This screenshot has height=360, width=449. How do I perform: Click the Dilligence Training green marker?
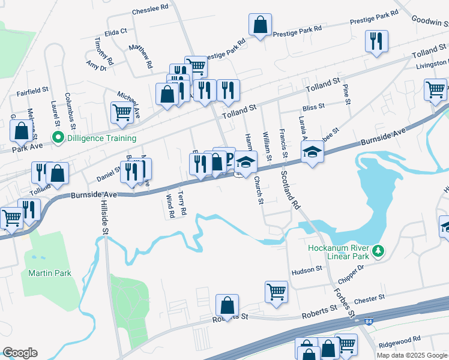[x=58, y=138]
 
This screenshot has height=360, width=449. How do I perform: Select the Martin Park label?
[x=50, y=273]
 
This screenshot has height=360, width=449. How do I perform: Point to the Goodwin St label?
[x=430, y=19]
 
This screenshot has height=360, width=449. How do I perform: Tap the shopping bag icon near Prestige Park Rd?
[x=261, y=25]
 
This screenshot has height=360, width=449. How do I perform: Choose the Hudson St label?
[x=307, y=271]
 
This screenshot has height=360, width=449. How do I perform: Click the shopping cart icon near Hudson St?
[x=276, y=292]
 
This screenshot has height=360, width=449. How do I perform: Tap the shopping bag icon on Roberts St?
[x=228, y=305]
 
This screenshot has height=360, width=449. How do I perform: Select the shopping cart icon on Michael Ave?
[x=122, y=112]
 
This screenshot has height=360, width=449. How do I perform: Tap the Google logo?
[x=20, y=353]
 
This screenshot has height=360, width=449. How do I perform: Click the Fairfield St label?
[x=32, y=91]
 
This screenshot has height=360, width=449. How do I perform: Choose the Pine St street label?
[x=346, y=93]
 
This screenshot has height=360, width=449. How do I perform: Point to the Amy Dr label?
[x=96, y=65]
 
